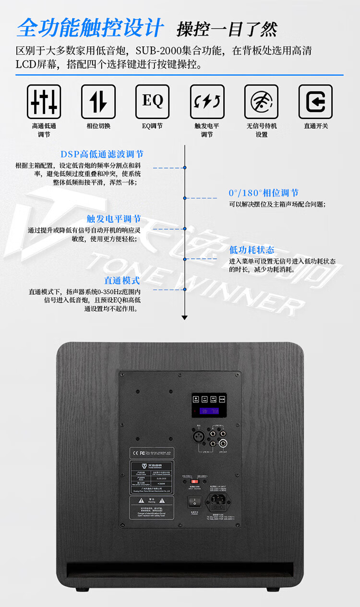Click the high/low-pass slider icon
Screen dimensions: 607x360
[44, 102]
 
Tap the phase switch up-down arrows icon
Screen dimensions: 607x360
[98, 102]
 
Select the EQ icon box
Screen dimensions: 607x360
[153, 102]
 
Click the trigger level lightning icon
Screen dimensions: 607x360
[207, 102]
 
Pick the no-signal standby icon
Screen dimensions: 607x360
[262, 102]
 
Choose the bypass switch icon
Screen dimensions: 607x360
[315, 102]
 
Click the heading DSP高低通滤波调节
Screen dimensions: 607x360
[102, 154]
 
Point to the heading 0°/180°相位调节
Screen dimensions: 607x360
[264, 193]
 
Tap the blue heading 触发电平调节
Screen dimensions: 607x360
[114, 219]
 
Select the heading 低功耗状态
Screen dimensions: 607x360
[252, 250]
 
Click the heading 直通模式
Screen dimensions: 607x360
[122, 280]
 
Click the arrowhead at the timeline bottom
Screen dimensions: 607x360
[185, 317]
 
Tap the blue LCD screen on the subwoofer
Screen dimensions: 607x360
[209, 412]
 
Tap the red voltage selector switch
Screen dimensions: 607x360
[194, 480]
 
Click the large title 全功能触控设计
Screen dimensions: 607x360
[90, 28]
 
